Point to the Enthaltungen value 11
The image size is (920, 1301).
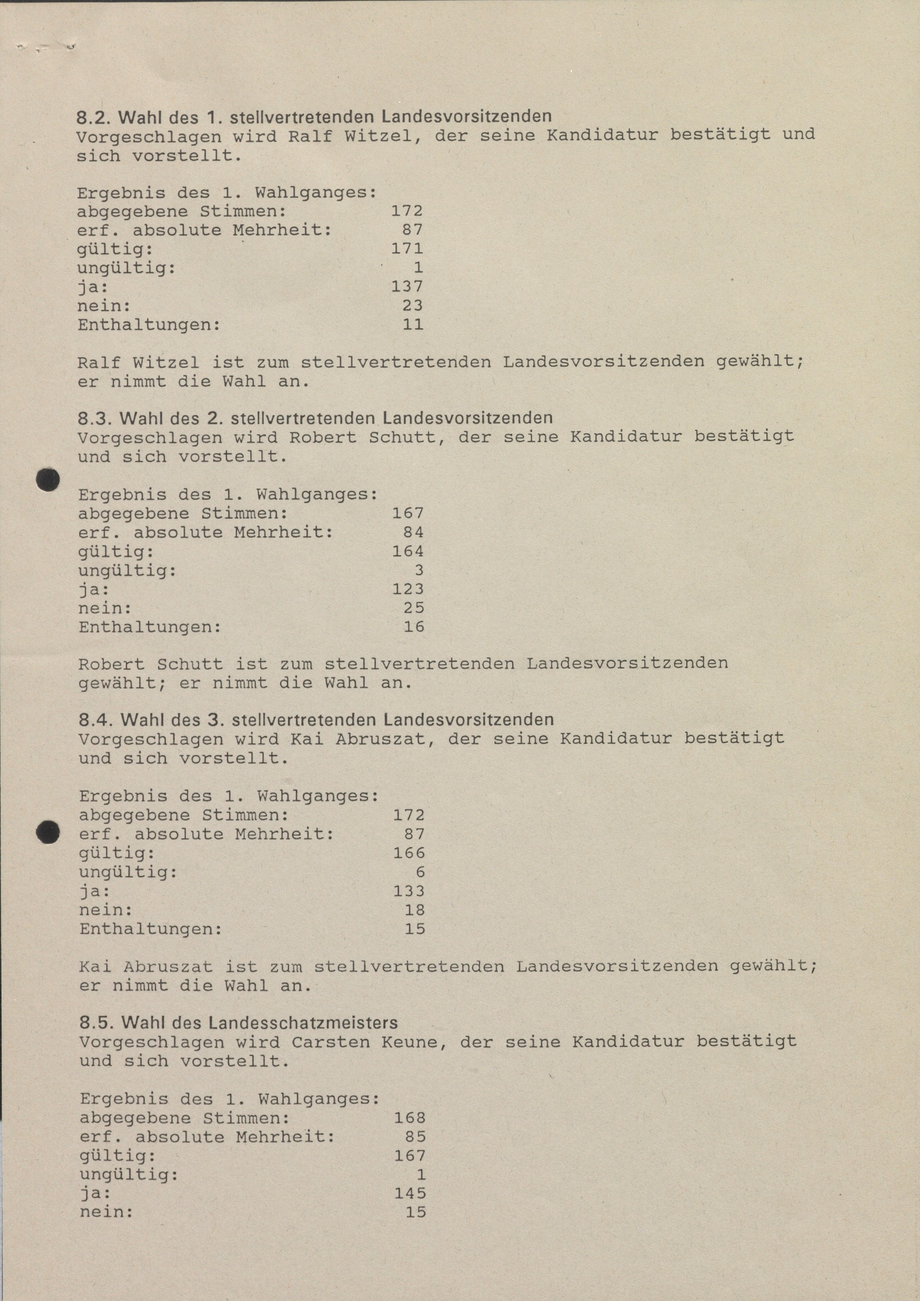coord(412,325)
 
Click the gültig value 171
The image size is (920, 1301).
coord(407,249)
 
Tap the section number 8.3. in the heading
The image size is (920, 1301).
coord(96,419)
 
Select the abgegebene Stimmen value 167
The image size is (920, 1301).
coord(408,513)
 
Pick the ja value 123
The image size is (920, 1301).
coord(408,589)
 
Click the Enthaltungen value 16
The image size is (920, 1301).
coord(414,627)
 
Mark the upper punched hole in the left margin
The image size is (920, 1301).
coord(48,480)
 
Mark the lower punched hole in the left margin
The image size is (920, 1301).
coord(48,833)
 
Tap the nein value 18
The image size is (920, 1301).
coord(415,910)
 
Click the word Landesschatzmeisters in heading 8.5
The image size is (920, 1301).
coord(303,1023)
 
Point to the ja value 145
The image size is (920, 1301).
coord(410,1193)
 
